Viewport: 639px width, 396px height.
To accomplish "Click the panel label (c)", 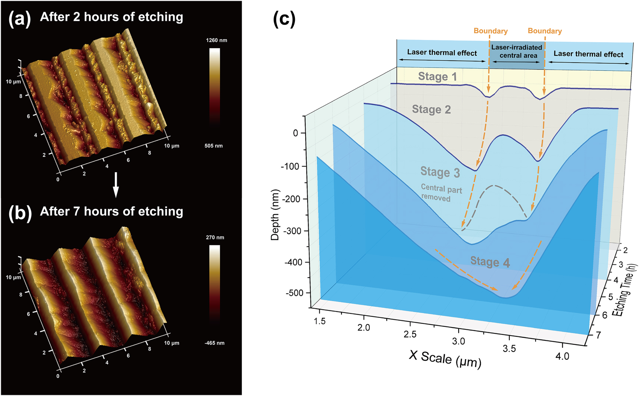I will tap(284, 19).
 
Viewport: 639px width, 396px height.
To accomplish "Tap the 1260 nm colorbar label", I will tap(216, 40).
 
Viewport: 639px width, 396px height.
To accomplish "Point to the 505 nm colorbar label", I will tap(214, 146).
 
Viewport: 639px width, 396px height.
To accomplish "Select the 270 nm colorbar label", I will tap(215, 237).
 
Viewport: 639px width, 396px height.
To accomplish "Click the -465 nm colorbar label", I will tap(214, 343).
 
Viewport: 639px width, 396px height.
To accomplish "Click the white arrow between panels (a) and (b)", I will tap(116, 185).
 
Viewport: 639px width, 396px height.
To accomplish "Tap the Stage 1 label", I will tap(437, 77).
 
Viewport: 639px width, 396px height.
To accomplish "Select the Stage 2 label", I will tap(431, 110).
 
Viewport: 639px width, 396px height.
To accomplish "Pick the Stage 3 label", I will tap(440, 172).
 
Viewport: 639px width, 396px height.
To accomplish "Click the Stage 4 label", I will tap(490, 262).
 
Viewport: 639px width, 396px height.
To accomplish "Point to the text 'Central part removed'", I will tap(441, 193).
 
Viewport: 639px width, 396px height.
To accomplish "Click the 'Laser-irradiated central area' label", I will tap(517, 51).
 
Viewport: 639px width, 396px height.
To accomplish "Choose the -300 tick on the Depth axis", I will tap(293, 231).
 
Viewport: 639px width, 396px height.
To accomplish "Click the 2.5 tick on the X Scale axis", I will tap(410, 335).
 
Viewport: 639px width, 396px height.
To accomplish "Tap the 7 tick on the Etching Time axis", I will tap(599, 335).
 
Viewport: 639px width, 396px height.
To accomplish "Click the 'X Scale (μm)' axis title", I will tap(445, 359).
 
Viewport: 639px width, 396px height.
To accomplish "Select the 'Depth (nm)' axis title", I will tap(275, 215).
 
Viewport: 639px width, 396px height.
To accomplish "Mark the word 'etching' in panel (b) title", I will tap(160, 211).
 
